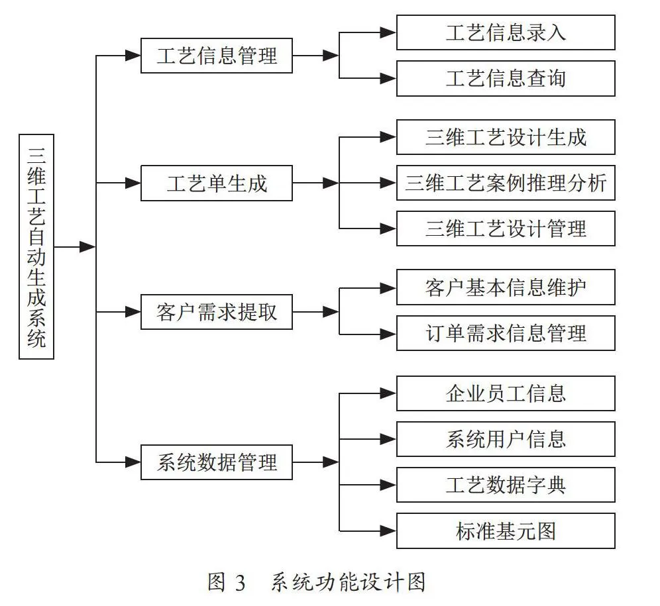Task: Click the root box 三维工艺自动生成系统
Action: pyautogui.click(x=36, y=246)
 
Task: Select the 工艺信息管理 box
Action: pyautogui.click(x=216, y=56)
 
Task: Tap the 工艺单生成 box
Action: pyautogui.click(x=216, y=183)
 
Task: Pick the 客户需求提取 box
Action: pyautogui.click(x=216, y=312)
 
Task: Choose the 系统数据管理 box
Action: pyautogui.click(x=216, y=462)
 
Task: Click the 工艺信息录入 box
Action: pyautogui.click(x=506, y=32)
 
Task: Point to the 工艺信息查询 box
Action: pyautogui.click(x=506, y=78)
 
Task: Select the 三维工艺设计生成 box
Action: pyautogui.click(x=506, y=137)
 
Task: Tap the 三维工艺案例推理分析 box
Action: pyautogui.click(x=506, y=183)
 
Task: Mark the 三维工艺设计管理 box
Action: pyautogui.click(x=506, y=228)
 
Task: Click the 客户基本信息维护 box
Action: pyautogui.click(x=506, y=287)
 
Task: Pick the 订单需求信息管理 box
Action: pyautogui.click(x=506, y=333)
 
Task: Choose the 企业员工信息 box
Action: pyautogui.click(x=506, y=393)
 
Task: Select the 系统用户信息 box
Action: pyautogui.click(x=506, y=439)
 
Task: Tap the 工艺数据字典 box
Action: pyautogui.click(x=506, y=485)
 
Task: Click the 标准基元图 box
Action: pyautogui.click(x=506, y=530)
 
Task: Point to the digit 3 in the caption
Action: pyautogui.click(x=240, y=583)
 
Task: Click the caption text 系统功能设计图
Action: pyautogui.click(x=348, y=582)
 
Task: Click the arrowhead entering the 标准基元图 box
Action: pyautogui.click(x=388, y=530)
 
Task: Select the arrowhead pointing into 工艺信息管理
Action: pyautogui.click(x=133, y=56)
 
